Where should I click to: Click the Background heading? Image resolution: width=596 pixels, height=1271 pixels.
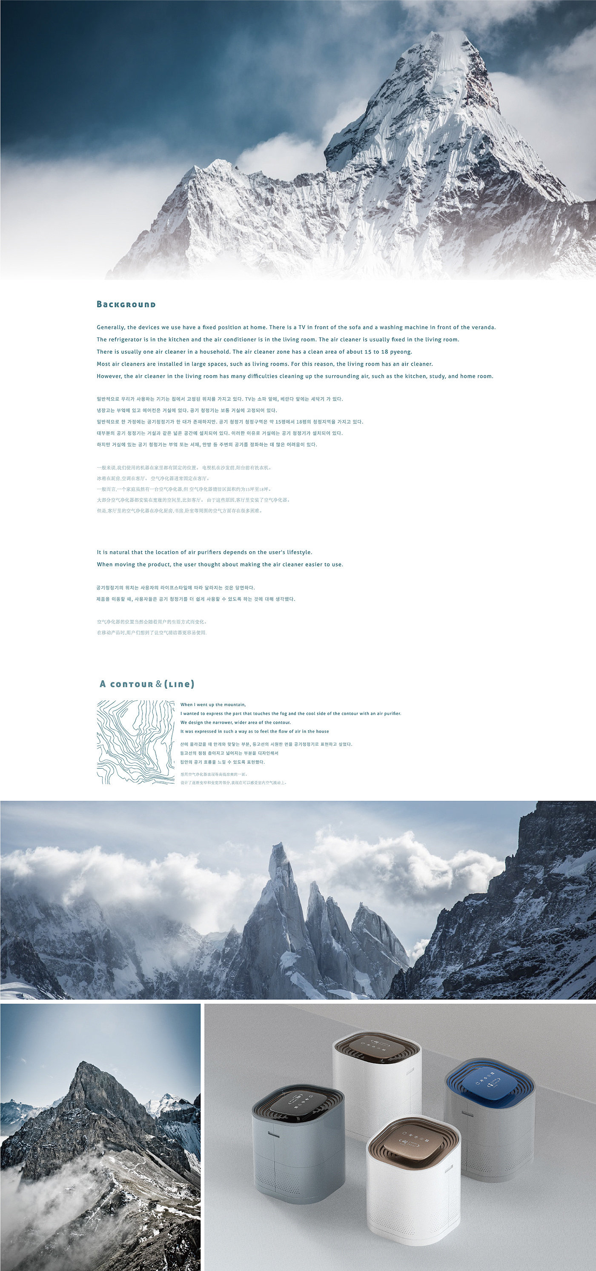(126, 304)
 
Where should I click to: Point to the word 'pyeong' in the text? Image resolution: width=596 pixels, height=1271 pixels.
(401, 352)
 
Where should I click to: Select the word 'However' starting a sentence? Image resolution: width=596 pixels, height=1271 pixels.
(109, 376)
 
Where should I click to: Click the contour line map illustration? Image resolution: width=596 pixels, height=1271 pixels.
(136, 742)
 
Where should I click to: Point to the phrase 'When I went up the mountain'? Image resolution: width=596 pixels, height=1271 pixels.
(213, 704)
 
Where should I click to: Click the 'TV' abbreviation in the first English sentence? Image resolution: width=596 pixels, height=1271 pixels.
(302, 328)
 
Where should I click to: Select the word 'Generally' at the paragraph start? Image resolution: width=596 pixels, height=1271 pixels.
(111, 328)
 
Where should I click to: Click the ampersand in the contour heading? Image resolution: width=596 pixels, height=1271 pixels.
(158, 684)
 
